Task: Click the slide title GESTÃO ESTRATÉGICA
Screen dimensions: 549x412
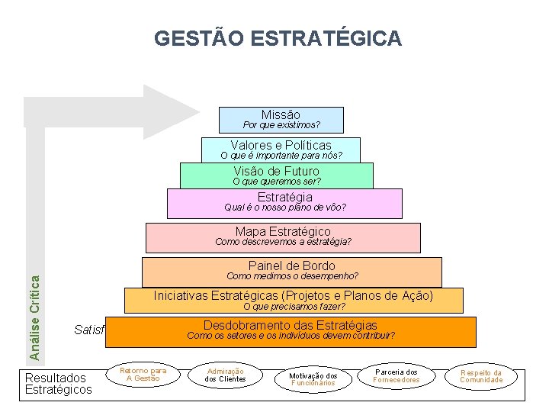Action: [278, 38]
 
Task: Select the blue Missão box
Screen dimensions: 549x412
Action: [281, 120]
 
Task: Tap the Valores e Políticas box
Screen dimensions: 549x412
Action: [281, 149]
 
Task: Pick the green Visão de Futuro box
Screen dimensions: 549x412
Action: [276, 175]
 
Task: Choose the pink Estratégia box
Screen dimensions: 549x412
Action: [284, 202]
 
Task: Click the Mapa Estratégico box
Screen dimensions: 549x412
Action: [283, 236]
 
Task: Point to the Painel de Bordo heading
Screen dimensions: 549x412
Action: [291, 266]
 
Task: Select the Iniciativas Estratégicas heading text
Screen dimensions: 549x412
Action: [293, 295]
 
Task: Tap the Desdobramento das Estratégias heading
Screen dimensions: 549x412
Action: [290, 325]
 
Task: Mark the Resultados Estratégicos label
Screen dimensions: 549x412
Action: [59, 383]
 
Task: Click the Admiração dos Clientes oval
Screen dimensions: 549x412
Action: [226, 375]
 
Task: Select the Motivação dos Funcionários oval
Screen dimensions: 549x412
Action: [313, 378]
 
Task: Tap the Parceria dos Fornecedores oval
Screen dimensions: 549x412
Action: [396, 375]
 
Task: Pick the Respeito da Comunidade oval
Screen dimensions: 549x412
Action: [481, 376]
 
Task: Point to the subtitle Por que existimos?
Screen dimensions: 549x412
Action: [281, 124]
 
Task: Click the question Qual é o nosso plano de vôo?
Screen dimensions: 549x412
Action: [284, 208]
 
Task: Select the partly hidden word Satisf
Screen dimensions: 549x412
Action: [88, 330]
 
